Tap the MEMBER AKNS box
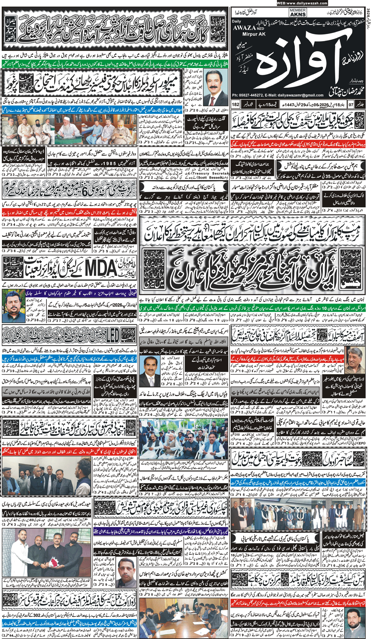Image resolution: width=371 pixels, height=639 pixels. coord(298,12)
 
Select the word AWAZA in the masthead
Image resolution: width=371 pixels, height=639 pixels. coord(243,28)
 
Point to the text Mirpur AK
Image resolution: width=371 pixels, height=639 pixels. coord(244,34)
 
